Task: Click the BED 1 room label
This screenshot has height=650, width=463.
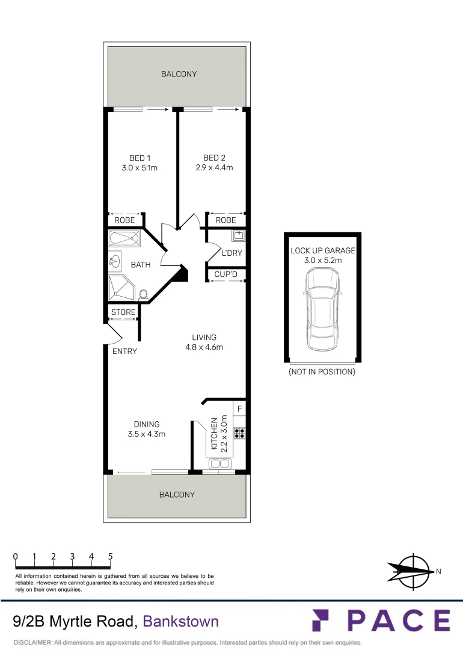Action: pyautogui.click(x=140, y=158)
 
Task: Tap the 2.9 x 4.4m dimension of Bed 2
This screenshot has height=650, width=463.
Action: pyautogui.click(x=214, y=168)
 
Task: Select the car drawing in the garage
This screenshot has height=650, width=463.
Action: pyautogui.click(x=323, y=309)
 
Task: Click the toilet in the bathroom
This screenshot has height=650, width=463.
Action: pyautogui.click(x=143, y=295)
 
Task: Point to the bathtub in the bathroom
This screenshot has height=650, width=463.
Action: pyautogui.click(x=124, y=239)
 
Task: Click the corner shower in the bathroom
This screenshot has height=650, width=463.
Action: pyautogui.click(x=121, y=288)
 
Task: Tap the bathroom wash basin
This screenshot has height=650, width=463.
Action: pyautogui.click(x=115, y=262)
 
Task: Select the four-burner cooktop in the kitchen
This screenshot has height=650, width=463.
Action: pyautogui.click(x=239, y=433)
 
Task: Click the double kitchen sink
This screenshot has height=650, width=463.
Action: pyautogui.click(x=219, y=463)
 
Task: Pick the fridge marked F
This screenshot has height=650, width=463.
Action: pyautogui.click(x=239, y=409)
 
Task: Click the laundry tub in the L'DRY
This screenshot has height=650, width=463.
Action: pyautogui.click(x=239, y=236)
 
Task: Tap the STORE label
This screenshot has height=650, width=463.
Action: pyautogui.click(x=123, y=312)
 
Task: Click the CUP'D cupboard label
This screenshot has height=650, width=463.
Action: pyautogui.click(x=225, y=274)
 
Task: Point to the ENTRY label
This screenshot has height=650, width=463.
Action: pyautogui.click(x=124, y=351)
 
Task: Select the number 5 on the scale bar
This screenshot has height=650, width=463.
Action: pyautogui.click(x=111, y=556)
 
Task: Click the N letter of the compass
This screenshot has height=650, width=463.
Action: pyautogui.click(x=438, y=572)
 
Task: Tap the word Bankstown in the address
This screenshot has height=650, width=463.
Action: pyautogui.click(x=180, y=622)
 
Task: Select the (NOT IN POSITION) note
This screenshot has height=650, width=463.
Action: pyautogui.click(x=322, y=372)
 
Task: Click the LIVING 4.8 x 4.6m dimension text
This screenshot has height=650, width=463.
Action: pyautogui.click(x=204, y=347)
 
